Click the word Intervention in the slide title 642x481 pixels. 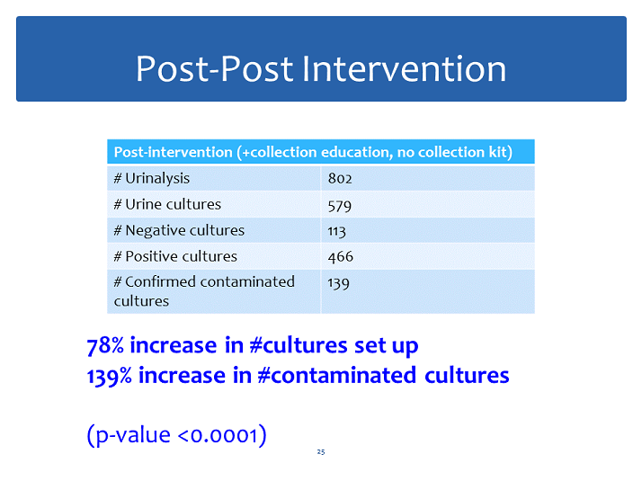pyautogui.click(x=404, y=68)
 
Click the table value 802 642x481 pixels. pyautogui.click(x=340, y=179)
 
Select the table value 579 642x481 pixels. pyautogui.click(x=339, y=206)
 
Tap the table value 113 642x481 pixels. pyautogui.click(x=336, y=231)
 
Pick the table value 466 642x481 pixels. pyautogui.click(x=340, y=256)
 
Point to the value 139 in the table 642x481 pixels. pyautogui.click(x=338, y=283)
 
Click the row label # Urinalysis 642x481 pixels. pyautogui.click(x=151, y=179)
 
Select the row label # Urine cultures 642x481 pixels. pyautogui.click(x=167, y=204)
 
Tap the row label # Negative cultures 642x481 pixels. pyautogui.click(x=179, y=230)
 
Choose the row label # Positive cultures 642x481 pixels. pyautogui.click(x=175, y=256)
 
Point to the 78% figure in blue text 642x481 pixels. pyautogui.click(x=105, y=345)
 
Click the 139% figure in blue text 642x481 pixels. pyautogui.click(x=110, y=376)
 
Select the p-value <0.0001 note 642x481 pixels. pyautogui.click(x=176, y=435)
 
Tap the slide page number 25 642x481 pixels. pyautogui.click(x=321, y=452)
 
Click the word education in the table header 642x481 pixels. pyautogui.click(x=353, y=152)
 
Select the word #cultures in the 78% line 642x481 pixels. pyautogui.click(x=299, y=345)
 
